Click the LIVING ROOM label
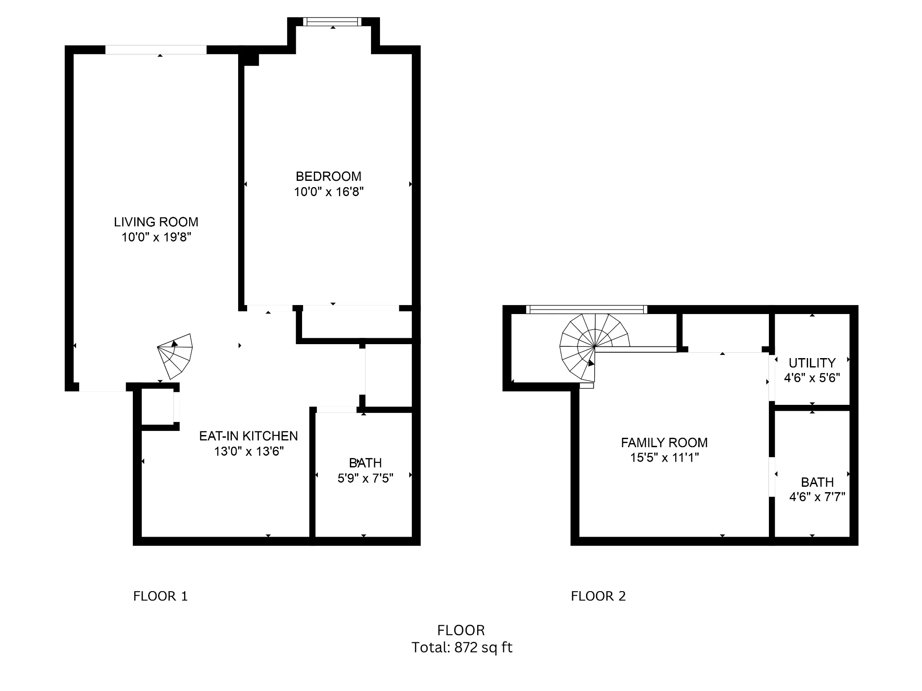(x=156, y=222)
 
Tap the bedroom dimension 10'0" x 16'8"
(x=329, y=192)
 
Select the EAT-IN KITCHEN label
(x=249, y=436)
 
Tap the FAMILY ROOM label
(x=664, y=443)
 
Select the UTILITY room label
(x=812, y=363)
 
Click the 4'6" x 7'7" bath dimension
(x=817, y=497)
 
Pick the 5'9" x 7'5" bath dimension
(x=365, y=478)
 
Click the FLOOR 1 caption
(x=160, y=596)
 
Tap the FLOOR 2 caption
(x=598, y=596)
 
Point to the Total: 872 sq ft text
(x=462, y=647)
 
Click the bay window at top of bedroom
(x=333, y=22)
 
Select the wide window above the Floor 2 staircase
(x=587, y=309)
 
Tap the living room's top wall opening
(x=156, y=49)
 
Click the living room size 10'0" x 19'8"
(x=156, y=237)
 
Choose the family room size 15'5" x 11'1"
(x=664, y=458)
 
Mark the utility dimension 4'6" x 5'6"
(x=812, y=378)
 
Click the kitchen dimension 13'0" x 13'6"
(x=249, y=451)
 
